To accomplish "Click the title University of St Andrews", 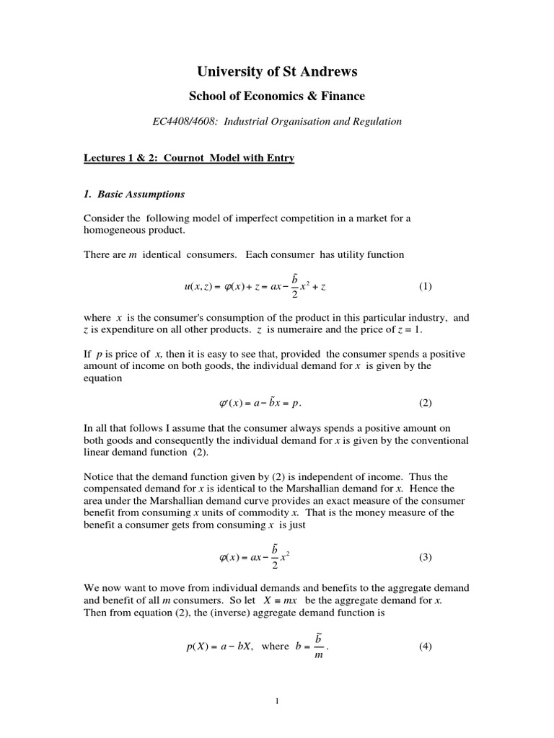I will coord(277,71).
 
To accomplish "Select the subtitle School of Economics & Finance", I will coord(277,96).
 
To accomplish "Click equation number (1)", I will coord(425,286).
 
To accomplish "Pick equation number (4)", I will coord(425,646).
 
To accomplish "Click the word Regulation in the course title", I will coord(376,122).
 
